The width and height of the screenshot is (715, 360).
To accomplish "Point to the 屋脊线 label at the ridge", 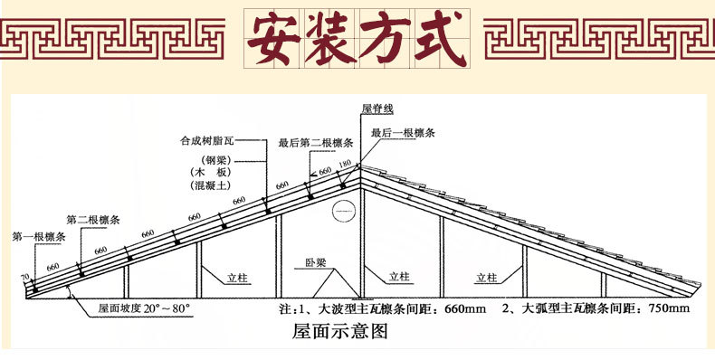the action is pyautogui.click(x=377, y=109).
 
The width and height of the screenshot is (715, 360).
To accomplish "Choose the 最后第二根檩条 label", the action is pyautogui.click(x=309, y=142).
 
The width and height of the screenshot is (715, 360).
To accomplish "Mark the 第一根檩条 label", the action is pyautogui.click(x=39, y=237).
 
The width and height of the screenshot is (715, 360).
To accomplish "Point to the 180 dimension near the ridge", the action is pyautogui.click(x=344, y=164).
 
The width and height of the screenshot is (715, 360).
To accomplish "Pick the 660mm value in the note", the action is pyautogui.click(x=465, y=308).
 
